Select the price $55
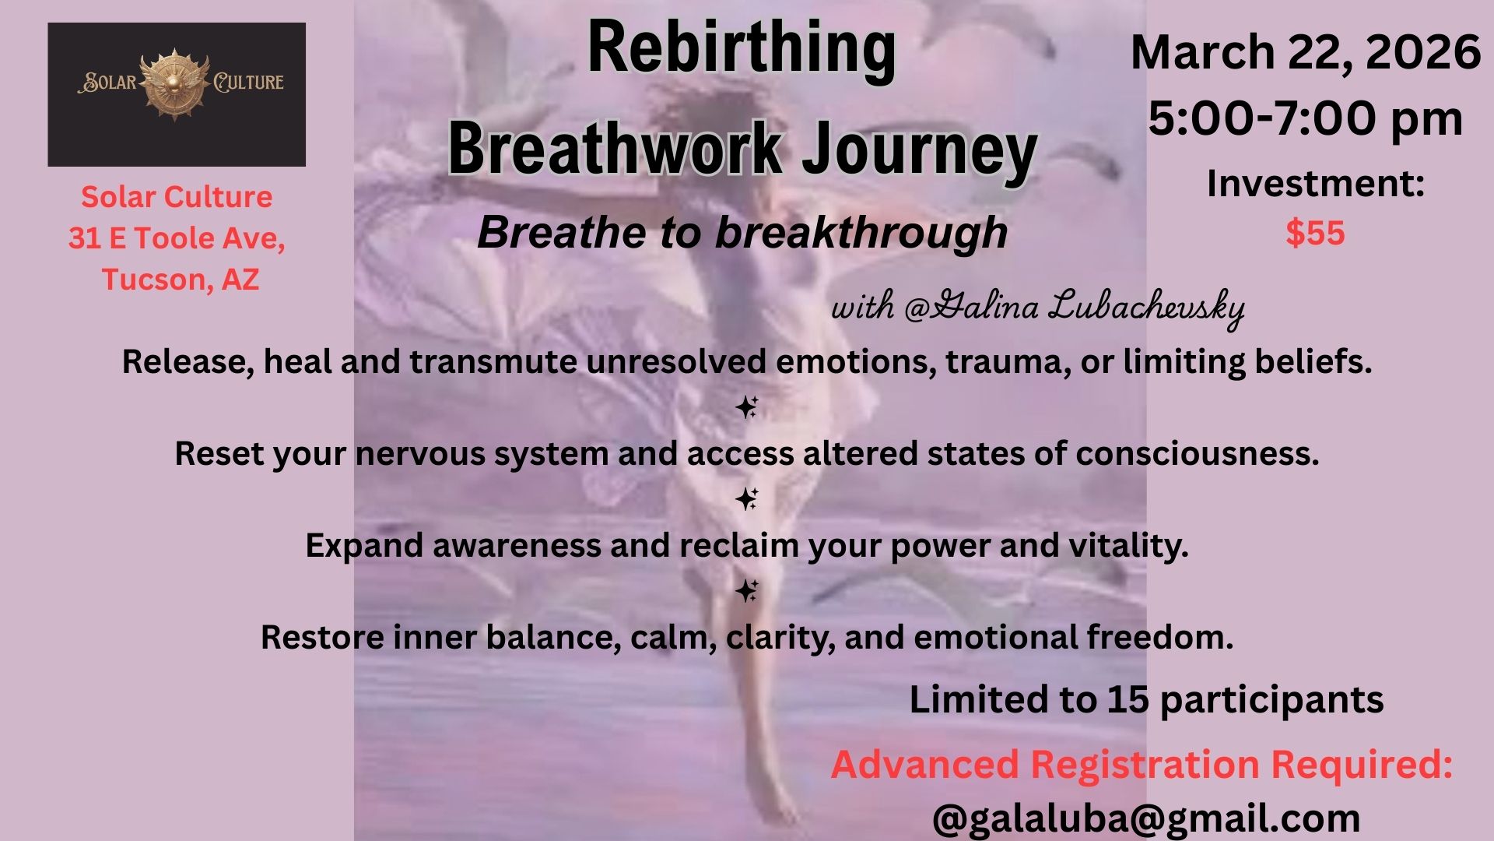[1315, 233]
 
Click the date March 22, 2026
[1305, 53]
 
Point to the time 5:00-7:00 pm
[1305, 119]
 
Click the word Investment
[1310, 184]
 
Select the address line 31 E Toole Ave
[177, 238]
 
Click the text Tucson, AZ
[180, 280]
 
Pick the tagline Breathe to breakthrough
[742, 232]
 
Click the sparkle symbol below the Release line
[747, 407]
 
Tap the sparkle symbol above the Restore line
[747, 591]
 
